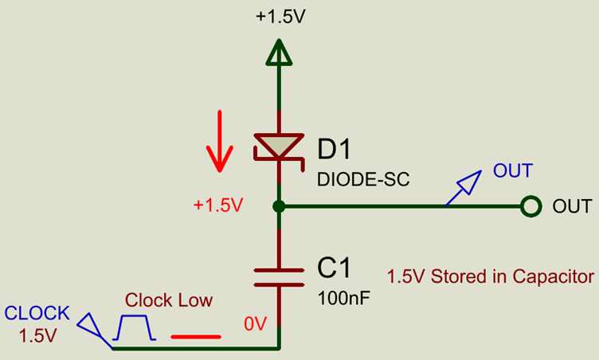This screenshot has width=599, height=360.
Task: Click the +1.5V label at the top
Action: tap(278, 18)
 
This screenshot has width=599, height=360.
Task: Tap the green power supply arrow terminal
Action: tap(278, 53)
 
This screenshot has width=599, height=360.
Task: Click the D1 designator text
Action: tap(334, 148)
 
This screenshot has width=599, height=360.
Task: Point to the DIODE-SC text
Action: tap(363, 179)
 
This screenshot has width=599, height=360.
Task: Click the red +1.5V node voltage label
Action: tap(217, 205)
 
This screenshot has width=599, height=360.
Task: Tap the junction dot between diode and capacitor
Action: tap(278, 207)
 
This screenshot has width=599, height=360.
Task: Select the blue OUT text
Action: tap(513, 170)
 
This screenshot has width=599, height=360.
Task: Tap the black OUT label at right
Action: tap(572, 207)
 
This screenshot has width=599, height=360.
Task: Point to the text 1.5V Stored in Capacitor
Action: tap(490, 277)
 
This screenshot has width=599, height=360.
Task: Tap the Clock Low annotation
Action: tap(169, 300)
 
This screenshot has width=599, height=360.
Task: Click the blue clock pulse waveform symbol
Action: tap(135, 327)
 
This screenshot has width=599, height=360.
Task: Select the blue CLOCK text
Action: tap(37, 313)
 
